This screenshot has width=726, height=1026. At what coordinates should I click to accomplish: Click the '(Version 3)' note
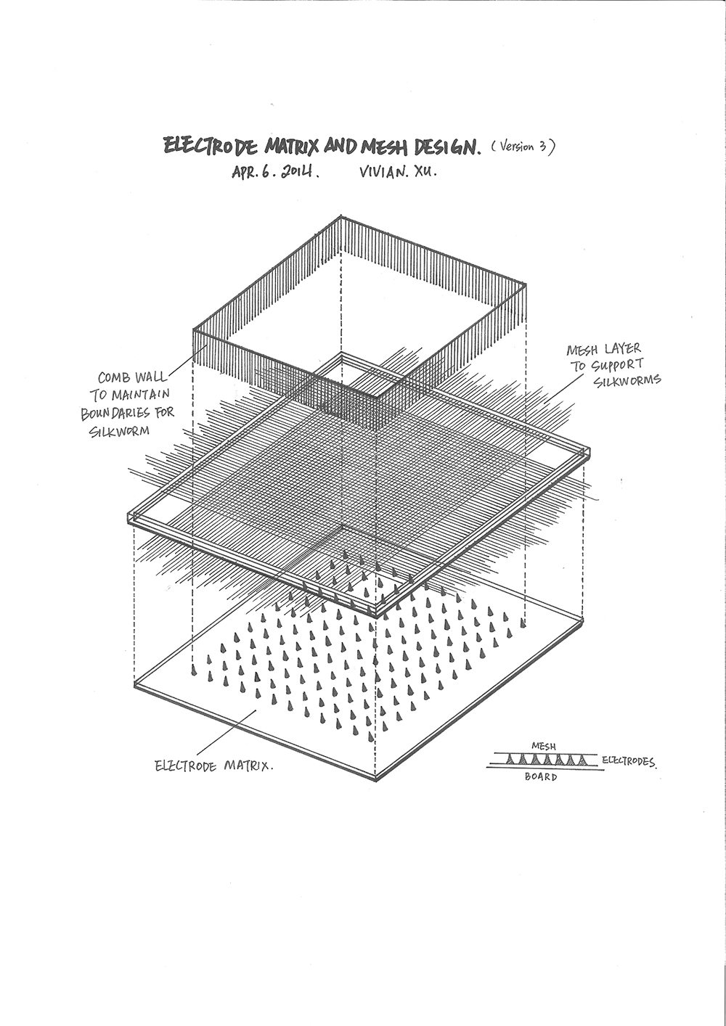click(523, 147)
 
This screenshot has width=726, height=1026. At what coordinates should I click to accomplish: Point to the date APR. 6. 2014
click(275, 173)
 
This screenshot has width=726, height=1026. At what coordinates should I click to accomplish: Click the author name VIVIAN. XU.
click(397, 174)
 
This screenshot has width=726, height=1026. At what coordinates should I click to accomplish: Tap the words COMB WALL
click(133, 377)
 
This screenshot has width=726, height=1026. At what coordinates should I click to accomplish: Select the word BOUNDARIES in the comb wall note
click(120, 414)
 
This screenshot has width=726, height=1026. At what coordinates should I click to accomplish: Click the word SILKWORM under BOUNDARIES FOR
click(120, 432)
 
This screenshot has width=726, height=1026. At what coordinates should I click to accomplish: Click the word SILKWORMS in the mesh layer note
click(627, 381)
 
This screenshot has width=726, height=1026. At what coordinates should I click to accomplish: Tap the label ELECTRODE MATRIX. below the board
click(214, 766)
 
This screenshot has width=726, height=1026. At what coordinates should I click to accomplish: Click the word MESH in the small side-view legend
click(544, 746)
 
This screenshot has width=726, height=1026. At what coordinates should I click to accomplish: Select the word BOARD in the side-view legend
click(542, 777)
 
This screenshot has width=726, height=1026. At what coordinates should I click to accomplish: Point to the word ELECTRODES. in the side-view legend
click(629, 761)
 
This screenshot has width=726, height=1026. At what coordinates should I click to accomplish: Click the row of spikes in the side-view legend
click(548, 760)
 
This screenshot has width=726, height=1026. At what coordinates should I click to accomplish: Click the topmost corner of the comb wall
click(340, 216)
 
